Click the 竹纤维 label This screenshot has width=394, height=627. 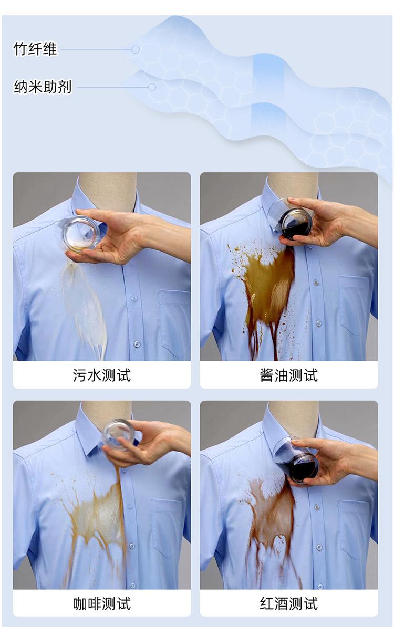click(35, 49)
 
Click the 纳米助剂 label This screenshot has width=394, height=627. click(43, 87)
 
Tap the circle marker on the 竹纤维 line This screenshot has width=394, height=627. click(136, 49)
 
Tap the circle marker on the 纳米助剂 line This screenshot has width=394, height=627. click(152, 87)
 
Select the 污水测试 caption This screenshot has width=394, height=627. click(102, 375)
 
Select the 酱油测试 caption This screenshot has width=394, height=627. click(289, 375)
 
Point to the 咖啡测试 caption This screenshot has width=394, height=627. click(102, 603)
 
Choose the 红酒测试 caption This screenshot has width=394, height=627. click(289, 603)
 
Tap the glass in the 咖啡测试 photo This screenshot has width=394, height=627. click(118, 434)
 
